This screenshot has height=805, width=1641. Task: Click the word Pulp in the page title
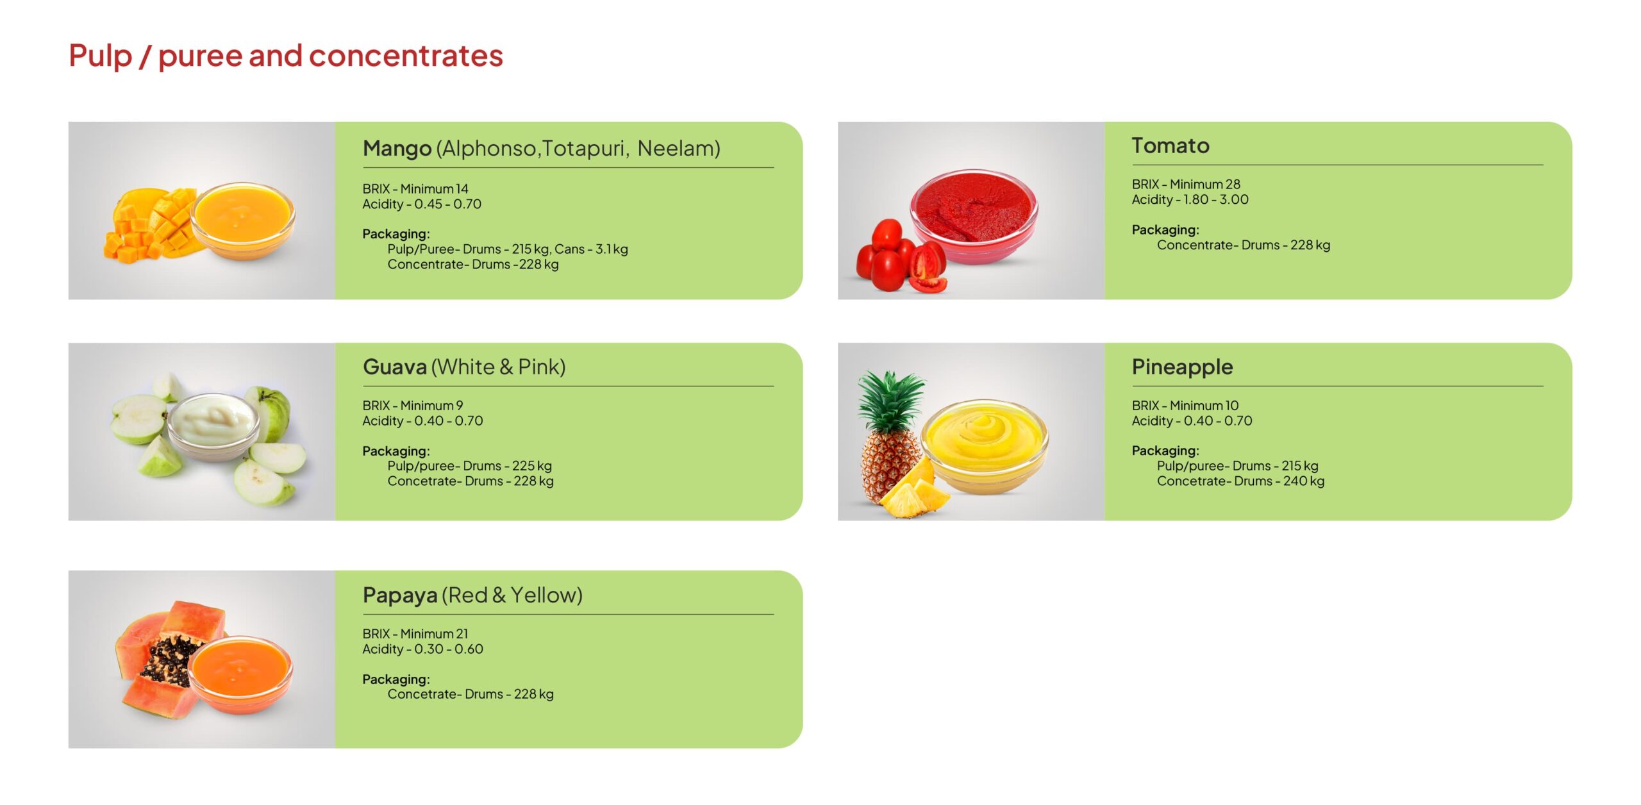[x=100, y=56]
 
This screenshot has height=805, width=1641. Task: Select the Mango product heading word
[x=397, y=149]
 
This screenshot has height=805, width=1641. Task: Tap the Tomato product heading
[x=1170, y=145]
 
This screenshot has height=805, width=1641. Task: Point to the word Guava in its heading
[x=395, y=367]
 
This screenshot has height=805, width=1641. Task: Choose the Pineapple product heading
[x=1182, y=367]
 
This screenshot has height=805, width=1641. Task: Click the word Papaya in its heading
[x=400, y=595]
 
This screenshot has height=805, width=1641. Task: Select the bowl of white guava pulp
[x=213, y=426]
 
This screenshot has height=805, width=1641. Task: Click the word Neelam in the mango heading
[x=678, y=149]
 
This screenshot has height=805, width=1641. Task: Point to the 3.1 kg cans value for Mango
[x=612, y=249]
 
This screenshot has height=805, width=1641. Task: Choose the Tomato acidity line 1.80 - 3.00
[x=1190, y=199]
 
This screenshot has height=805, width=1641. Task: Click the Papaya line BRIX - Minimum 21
[x=415, y=633]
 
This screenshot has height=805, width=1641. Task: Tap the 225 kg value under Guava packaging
[x=531, y=466]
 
